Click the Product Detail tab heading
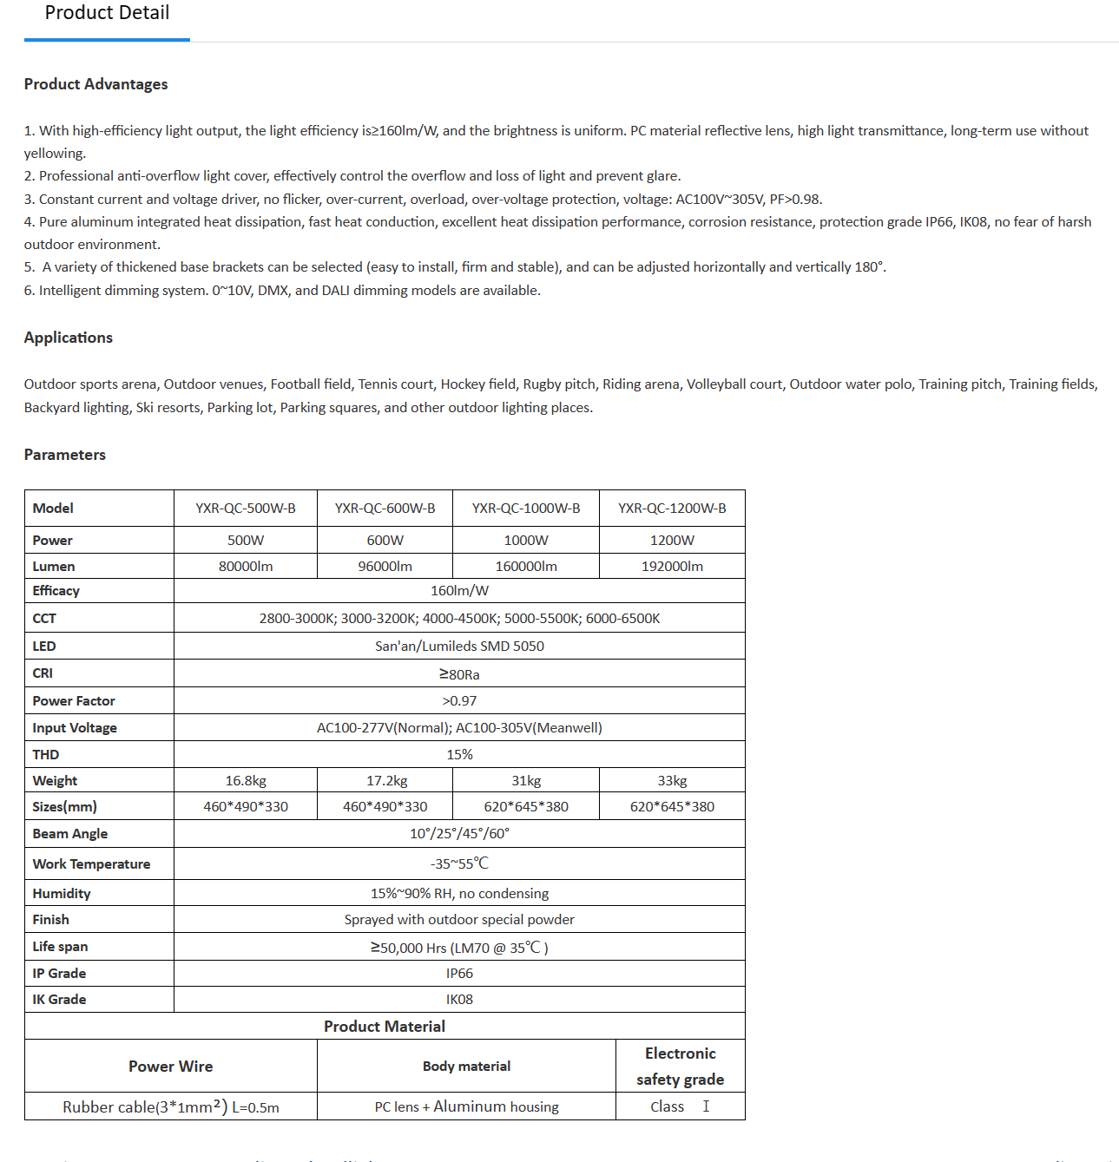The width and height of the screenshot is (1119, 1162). [x=107, y=13]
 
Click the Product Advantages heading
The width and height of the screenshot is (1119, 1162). [x=95, y=84]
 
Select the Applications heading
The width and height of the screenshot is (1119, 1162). [x=68, y=338]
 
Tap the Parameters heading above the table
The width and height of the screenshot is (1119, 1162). [x=64, y=455]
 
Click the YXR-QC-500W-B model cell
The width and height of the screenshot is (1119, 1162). [x=246, y=509]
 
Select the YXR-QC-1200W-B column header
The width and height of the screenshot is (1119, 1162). [x=672, y=509]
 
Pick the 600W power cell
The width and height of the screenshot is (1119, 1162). [x=385, y=540]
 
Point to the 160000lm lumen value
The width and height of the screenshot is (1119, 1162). [x=526, y=567]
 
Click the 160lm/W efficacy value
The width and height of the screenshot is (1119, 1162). [x=459, y=591]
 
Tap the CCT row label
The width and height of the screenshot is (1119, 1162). [x=44, y=619]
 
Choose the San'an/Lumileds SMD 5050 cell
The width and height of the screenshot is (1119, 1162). [x=459, y=647]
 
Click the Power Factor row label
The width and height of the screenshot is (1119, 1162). [x=74, y=701]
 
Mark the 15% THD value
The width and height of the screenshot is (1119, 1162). [x=459, y=755]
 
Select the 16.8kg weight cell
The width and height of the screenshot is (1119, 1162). [x=246, y=781]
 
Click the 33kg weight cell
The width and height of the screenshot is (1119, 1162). [x=672, y=781]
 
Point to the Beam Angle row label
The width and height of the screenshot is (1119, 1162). [x=70, y=834]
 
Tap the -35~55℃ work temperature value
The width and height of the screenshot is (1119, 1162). [x=459, y=863]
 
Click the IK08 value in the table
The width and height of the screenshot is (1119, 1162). [x=459, y=1000]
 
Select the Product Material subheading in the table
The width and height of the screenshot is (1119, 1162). [x=385, y=1027]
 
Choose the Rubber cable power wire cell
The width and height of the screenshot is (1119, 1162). [x=171, y=1106]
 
